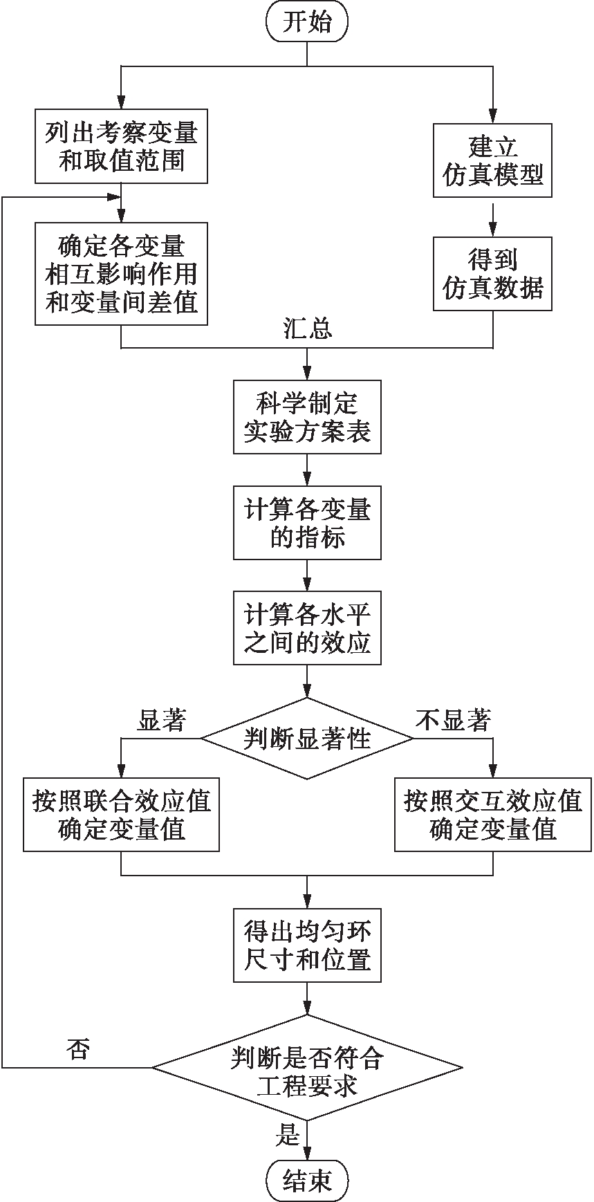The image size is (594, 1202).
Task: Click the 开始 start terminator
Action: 307,22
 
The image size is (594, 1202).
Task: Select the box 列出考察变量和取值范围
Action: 122,147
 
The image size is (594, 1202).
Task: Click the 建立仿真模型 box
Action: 492,160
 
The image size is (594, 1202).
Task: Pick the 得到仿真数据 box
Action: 492,274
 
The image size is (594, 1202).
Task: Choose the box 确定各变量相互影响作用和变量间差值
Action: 122,274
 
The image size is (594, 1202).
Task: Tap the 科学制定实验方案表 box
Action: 307,417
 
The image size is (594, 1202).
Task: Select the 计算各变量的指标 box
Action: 307,524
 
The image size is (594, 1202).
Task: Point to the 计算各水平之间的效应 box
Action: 307,628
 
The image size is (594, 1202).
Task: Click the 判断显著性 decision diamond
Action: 307,738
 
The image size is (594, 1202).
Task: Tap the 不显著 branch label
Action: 453,721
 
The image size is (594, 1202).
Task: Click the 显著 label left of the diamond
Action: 162,721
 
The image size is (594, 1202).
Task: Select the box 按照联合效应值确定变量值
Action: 122,815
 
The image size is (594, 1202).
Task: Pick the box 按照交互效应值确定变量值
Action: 493,815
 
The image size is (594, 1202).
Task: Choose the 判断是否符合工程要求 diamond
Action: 307,1068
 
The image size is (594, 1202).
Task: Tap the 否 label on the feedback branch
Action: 77,1049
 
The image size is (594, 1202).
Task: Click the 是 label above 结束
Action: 288,1135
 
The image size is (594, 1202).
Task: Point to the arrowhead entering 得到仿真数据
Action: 492,232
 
